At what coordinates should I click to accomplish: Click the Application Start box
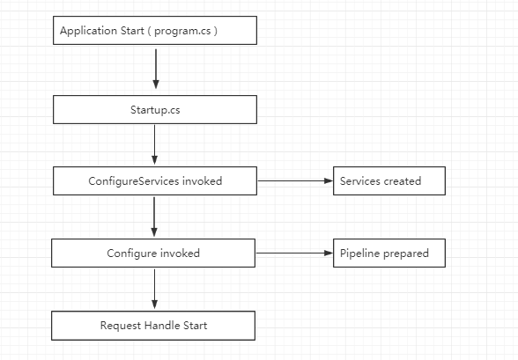(x=155, y=30)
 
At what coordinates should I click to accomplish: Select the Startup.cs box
(x=155, y=109)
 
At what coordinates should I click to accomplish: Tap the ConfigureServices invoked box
(x=155, y=180)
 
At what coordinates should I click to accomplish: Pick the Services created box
(x=389, y=180)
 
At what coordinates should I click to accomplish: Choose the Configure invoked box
(x=153, y=253)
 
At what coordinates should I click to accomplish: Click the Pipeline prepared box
(x=389, y=253)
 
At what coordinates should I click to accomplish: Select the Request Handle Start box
(x=153, y=326)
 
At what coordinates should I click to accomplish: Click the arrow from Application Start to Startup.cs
(x=156, y=69)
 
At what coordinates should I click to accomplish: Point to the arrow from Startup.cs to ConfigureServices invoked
(x=155, y=144)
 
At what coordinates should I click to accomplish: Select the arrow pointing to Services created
(x=295, y=180)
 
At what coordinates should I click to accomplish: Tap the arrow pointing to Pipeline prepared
(x=294, y=253)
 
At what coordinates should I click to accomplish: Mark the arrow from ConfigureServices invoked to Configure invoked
(x=154, y=217)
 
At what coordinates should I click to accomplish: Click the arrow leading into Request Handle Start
(x=155, y=289)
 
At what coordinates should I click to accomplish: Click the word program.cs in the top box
(x=182, y=31)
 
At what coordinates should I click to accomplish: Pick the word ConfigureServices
(x=134, y=180)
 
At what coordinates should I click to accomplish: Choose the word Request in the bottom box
(x=121, y=326)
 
